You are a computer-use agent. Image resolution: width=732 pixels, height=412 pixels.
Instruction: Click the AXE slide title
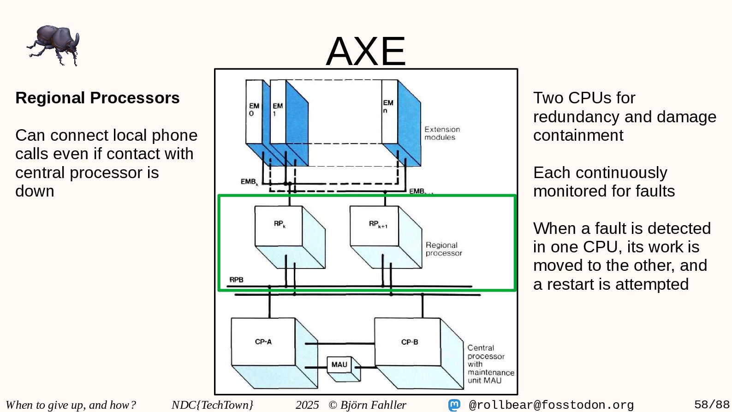366,51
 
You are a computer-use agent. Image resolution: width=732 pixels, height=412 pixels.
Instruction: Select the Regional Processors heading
97,98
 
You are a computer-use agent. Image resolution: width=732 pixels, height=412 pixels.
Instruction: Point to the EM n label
388,106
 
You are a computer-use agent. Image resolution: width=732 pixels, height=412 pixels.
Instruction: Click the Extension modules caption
442,133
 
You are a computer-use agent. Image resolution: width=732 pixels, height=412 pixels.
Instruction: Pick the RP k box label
280,224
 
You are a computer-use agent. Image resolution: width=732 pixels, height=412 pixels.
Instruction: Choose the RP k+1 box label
378,224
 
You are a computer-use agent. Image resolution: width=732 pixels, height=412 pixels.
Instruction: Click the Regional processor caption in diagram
443,249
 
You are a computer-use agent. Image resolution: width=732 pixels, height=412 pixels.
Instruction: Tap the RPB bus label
236,280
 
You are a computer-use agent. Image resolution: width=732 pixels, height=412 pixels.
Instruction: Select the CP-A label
263,342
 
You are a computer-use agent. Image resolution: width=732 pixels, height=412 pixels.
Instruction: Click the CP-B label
410,342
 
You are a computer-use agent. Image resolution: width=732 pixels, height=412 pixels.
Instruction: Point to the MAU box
339,364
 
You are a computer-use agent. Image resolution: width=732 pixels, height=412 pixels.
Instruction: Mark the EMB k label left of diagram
249,182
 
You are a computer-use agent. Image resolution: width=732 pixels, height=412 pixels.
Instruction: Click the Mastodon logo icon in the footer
454,405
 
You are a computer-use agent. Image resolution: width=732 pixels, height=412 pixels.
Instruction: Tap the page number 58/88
712,405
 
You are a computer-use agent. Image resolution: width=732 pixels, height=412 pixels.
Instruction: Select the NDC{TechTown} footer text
212,405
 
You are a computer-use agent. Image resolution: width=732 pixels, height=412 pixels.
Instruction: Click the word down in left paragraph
35,191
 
